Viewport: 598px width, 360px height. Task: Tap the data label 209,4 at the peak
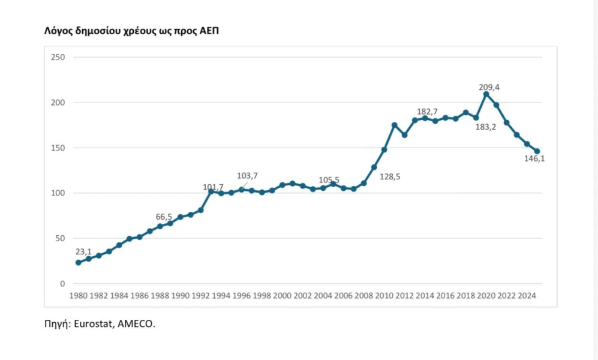pos(489,88)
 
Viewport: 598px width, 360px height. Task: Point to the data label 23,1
pos(83,252)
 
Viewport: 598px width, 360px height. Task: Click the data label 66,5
pos(164,216)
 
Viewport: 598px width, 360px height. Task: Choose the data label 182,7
pos(428,112)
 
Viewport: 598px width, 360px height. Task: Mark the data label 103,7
pos(247,176)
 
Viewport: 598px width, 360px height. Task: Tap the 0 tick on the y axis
pos(61,284)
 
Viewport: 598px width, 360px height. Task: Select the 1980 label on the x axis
pos(78,296)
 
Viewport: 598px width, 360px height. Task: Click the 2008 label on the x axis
pos(364,296)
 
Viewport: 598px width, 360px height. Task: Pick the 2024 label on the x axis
pos(527,296)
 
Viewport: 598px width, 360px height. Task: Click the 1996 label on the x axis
pos(242,296)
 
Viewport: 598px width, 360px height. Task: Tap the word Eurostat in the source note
pos(96,324)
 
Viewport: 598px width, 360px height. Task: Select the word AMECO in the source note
pos(137,324)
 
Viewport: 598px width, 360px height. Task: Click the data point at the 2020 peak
pos(486,94)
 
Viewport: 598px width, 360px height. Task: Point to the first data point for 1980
pos(78,263)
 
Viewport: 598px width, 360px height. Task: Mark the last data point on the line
pos(537,151)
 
